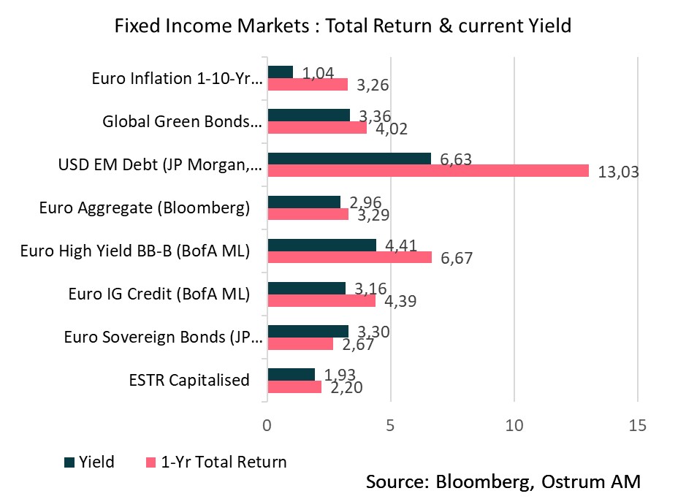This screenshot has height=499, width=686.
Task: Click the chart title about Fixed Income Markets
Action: tap(343, 26)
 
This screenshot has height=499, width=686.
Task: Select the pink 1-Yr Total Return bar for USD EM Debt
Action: tap(428, 170)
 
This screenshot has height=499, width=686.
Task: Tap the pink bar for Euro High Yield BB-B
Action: tap(350, 256)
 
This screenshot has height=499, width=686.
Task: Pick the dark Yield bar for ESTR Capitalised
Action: tap(291, 374)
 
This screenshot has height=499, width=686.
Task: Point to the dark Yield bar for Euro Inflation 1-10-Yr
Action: tap(281, 72)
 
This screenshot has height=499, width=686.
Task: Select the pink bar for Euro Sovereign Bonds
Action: tap(300, 343)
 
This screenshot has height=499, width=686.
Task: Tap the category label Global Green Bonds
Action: tap(182, 121)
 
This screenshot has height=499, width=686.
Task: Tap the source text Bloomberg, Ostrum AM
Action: tap(503, 482)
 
